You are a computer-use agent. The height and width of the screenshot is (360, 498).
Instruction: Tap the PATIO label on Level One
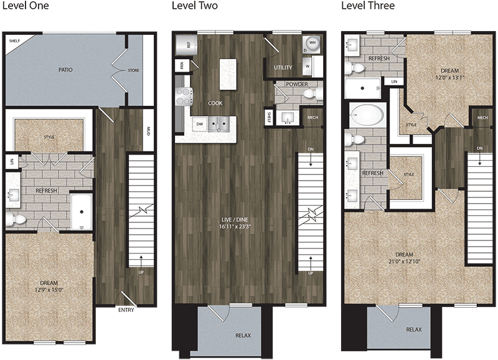pos(66,70)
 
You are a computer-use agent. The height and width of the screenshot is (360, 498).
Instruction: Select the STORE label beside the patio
pos(134,70)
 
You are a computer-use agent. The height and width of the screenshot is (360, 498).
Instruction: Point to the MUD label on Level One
pos(148,131)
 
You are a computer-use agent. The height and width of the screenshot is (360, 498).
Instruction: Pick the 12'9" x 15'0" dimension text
pos(49,288)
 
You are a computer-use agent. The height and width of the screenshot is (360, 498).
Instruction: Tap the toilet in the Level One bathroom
pos(15,219)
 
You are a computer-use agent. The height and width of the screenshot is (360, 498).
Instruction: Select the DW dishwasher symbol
pos(200,123)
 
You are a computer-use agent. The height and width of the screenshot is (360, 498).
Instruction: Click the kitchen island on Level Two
pos(229,71)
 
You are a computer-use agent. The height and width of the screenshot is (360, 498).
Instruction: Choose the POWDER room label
pos(297,84)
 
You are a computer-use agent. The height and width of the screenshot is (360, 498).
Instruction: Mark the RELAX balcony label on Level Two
pos(243,336)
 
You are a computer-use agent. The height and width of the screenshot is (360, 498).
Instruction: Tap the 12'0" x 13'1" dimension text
pos(449,78)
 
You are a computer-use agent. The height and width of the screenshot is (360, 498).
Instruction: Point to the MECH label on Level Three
pos(482,118)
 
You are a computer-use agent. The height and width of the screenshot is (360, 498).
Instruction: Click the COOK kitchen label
pos(215,103)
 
